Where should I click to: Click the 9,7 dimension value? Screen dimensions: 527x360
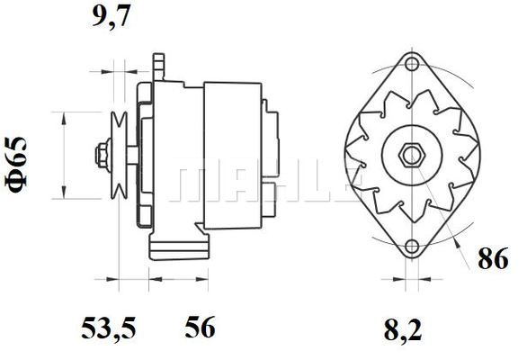[x=111, y=16]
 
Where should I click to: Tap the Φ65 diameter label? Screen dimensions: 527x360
[x=16, y=166]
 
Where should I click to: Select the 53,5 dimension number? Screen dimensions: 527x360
[x=108, y=328]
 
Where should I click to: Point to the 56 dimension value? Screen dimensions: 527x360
[x=200, y=327]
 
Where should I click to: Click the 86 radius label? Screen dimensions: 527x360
[x=493, y=258]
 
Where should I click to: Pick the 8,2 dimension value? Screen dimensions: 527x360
[x=403, y=329]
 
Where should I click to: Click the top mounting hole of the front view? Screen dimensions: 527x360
[x=412, y=64]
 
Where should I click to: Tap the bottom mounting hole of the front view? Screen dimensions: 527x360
[x=412, y=247]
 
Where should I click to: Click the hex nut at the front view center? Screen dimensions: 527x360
[x=412, y=155]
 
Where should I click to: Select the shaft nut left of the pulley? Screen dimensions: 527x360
[x=103, y=155]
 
